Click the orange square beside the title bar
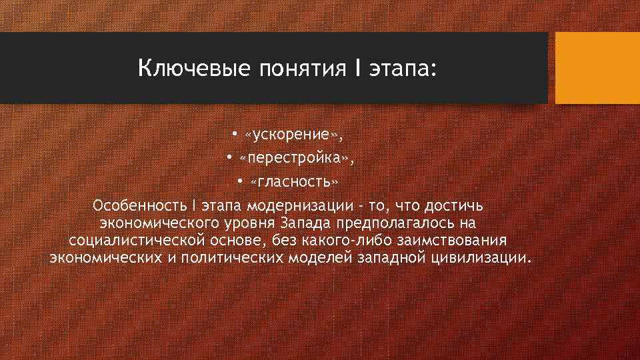[597, 68]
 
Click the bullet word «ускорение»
[292, 135]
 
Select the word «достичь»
[465, 205]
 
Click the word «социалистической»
[139, 240]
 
